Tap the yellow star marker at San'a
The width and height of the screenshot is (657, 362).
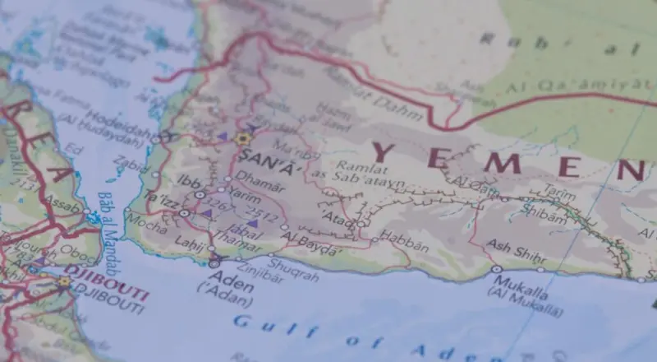coord(241,139)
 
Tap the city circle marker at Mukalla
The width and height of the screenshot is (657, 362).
coord(496,269)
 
